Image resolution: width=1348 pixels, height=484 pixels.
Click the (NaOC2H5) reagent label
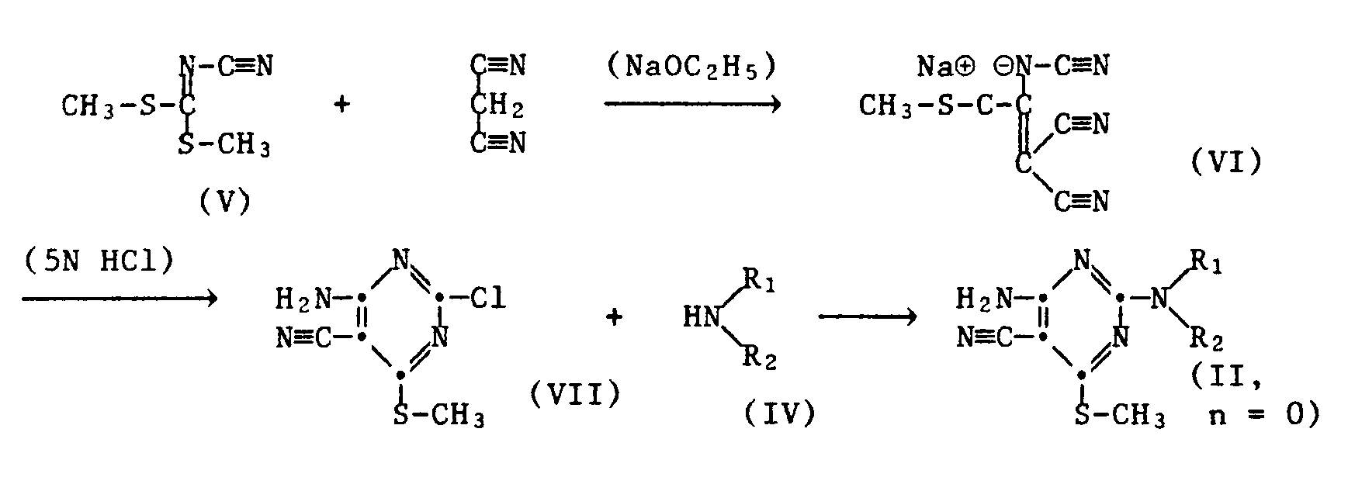click(691, 68)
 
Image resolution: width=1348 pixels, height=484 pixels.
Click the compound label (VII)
click(575, 395)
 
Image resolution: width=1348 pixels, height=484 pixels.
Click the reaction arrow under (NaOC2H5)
click(691, 103)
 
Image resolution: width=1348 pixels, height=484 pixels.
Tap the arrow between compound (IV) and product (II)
click(868, 317)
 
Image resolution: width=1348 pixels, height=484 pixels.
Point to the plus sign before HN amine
click(614, 317)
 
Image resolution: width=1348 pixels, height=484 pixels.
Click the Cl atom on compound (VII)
click(488, 298)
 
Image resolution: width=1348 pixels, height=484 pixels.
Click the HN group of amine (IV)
click(700, 317)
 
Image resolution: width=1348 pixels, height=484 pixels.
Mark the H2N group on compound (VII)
click(304, 298)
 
